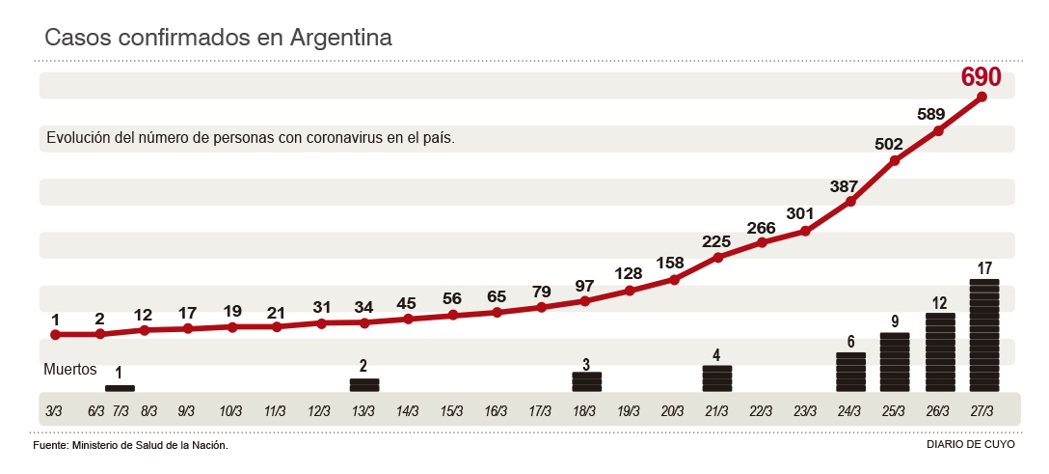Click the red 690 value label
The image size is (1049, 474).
[x=982, y=77]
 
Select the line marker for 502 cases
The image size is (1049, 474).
[x=895, y=160]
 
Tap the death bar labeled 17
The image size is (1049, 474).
[x=983, y=335]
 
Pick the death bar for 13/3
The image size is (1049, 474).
[x=364, y=384]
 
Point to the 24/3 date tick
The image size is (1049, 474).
[x=849, y=410]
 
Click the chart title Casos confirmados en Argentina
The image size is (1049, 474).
[x=219, y=38]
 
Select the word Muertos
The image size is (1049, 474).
[x=70, y=369]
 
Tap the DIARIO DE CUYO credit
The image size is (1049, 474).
[x=970, y=445]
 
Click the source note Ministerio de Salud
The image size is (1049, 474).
[x=130, y=445]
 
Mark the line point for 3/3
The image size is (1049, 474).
[x=56, y=335]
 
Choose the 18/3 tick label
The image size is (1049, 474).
[x=584, y=410]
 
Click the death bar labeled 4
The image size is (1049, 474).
[x=717, y=377]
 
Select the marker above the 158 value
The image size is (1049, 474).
[x=674, y=279]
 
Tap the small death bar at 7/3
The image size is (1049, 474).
[x=120, y=388]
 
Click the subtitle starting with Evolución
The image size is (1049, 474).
[x=251, y=138]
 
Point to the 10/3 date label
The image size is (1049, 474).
[x=230, y=410]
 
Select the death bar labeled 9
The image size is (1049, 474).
[x=895, y=361]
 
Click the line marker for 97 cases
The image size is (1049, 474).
[x=585, y=301]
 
